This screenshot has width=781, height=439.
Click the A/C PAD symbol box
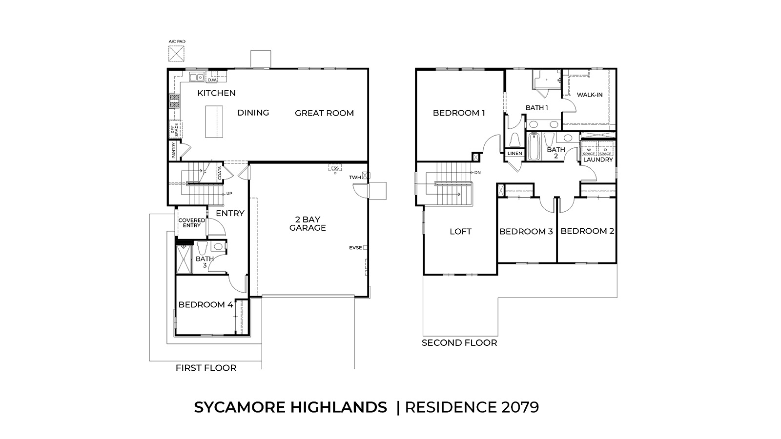coord(176,54)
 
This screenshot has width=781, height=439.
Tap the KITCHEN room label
coord(216,93)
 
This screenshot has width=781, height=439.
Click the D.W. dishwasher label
coord(212,80)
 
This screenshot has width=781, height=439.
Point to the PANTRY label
coord(174,150)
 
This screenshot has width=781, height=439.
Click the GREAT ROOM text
coord(324,113)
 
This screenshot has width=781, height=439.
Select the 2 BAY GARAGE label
coord(307,223)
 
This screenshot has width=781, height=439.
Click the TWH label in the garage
coord(355,177)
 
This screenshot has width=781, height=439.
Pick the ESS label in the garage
coord(334,168)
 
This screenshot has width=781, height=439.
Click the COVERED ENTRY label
coord(192,223)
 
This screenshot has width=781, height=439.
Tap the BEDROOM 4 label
coord(206,304)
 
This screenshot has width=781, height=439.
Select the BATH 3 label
coord(205,262)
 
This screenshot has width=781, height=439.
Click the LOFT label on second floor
coord(460,231)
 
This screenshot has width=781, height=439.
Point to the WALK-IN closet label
coord(589,95)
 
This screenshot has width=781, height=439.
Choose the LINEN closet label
coord(514,153)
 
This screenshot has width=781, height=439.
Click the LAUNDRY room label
coord(598,160)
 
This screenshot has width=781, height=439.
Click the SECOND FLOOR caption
coord(459,343)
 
